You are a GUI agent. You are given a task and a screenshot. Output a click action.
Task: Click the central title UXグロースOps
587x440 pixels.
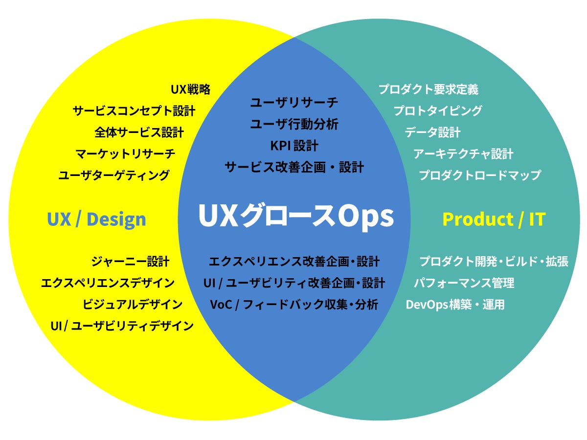pos(295,216)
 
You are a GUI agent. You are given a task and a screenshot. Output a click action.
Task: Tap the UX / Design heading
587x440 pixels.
pos(96,219)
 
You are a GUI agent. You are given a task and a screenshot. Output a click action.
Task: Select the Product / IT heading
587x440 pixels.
pos(494,219)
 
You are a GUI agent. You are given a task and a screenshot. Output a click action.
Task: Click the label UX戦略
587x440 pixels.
pos(190,89)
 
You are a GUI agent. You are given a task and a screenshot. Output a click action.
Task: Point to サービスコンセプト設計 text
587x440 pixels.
pos(134,111)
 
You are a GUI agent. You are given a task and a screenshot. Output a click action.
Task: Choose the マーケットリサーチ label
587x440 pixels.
pos(125,154)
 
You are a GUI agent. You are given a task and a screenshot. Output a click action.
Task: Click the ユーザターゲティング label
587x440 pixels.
pos(114,175)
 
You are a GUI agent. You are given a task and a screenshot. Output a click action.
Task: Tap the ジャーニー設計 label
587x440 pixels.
pos(130,262)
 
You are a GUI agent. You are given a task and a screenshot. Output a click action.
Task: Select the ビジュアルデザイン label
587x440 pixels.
pos(133,305)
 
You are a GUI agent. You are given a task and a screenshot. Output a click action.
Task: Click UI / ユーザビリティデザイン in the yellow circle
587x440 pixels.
pos(122,326)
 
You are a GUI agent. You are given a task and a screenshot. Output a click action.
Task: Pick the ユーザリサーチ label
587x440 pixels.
pos(294,103)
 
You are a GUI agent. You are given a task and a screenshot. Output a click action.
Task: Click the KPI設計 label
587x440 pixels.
pos(294,146)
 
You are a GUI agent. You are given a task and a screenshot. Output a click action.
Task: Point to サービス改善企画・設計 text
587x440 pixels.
pos(294,167)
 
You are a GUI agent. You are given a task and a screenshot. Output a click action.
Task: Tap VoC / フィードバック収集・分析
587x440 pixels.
pos(294,305)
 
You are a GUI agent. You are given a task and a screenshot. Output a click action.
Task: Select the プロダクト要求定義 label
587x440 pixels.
pos(428,89)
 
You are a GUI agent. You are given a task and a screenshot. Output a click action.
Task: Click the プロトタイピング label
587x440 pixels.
pos(438,111)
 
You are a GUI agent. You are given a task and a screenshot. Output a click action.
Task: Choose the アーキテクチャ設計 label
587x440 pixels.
pos(463,154)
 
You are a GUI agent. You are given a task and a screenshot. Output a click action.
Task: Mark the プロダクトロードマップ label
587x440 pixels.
pos(480,175)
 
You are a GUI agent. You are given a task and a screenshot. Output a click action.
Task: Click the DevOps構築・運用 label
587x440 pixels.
pos(455,305)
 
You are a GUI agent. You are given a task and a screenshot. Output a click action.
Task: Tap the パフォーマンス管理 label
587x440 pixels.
pos(464,283)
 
